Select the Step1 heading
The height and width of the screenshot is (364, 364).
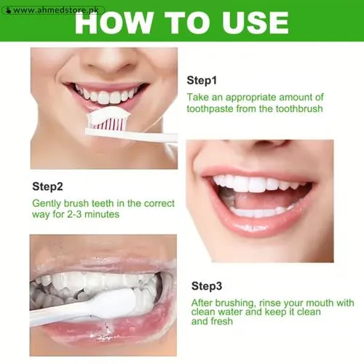202,80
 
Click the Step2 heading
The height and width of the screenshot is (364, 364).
48,186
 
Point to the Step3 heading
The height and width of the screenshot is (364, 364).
207,286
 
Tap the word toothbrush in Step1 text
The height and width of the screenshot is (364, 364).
298,108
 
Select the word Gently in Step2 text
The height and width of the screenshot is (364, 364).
47,203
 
